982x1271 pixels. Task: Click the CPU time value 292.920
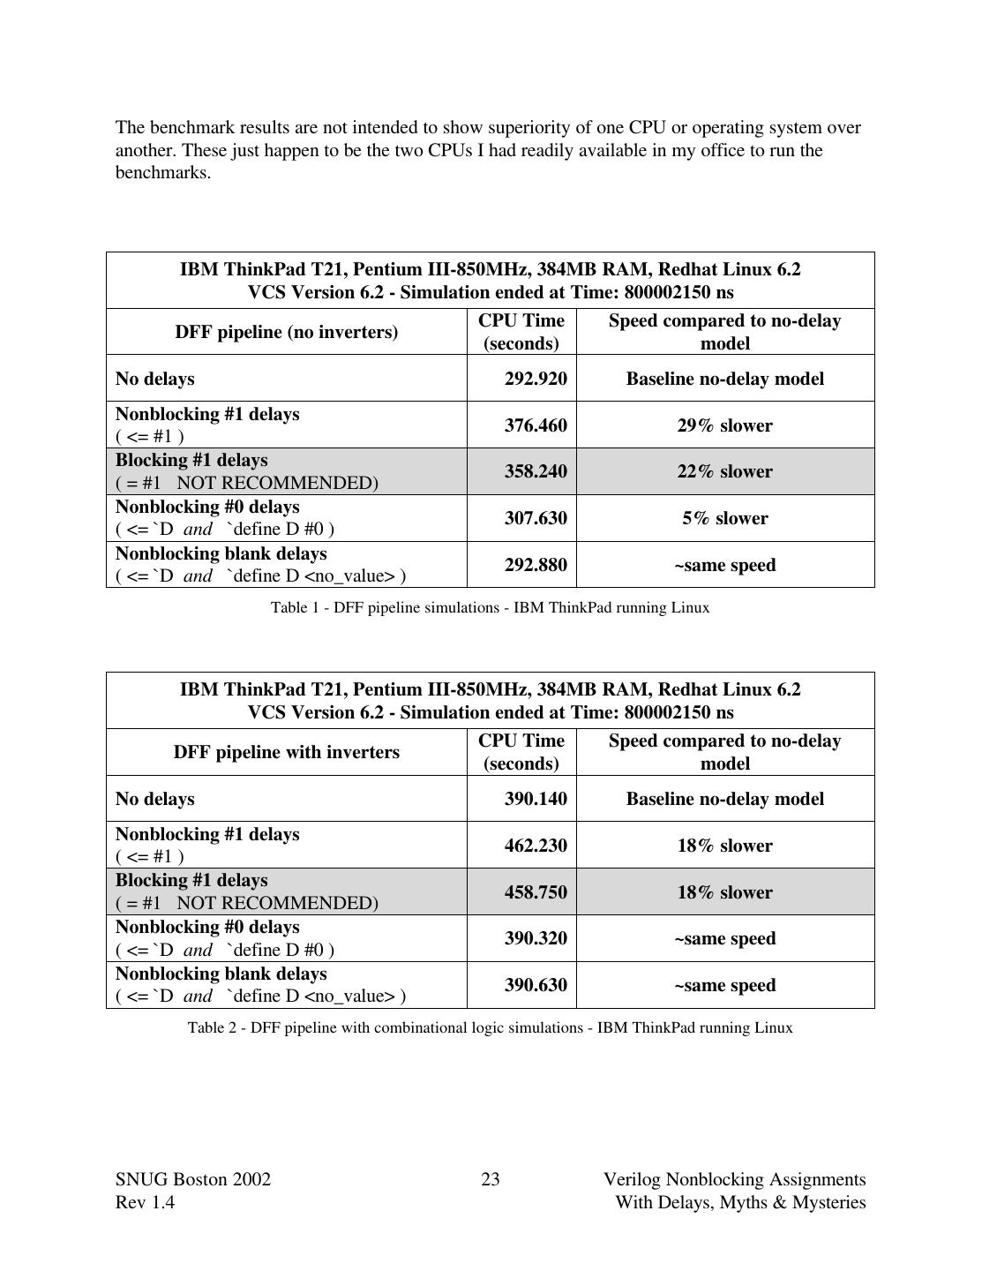(535, 379)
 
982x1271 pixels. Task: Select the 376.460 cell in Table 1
(535, 425)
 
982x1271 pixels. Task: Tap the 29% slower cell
(724, 425)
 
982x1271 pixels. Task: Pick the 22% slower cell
(724, 471)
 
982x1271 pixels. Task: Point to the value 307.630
(535, 518)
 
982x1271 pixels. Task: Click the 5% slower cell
(724, 518)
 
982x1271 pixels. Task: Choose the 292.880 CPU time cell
(535, 565)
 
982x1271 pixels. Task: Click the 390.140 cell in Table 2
(535, 799)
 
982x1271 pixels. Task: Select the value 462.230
(535, 846)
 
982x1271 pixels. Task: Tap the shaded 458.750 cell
(535, 892)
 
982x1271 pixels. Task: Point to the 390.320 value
(535, 938)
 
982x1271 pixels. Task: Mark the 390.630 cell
(535, 985)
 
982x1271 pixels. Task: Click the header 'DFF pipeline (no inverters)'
(286, 332)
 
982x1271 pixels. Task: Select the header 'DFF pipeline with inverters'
(286, 752)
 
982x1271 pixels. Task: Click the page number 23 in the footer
(491, 1179)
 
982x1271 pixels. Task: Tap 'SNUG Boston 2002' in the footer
(192, 1179)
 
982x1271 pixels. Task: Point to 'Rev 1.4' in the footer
(145, 1202)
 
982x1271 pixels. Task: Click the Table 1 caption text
(490, 607)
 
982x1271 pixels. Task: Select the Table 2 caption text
(490, 1027)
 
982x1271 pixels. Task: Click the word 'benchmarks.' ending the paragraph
(163, 172)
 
